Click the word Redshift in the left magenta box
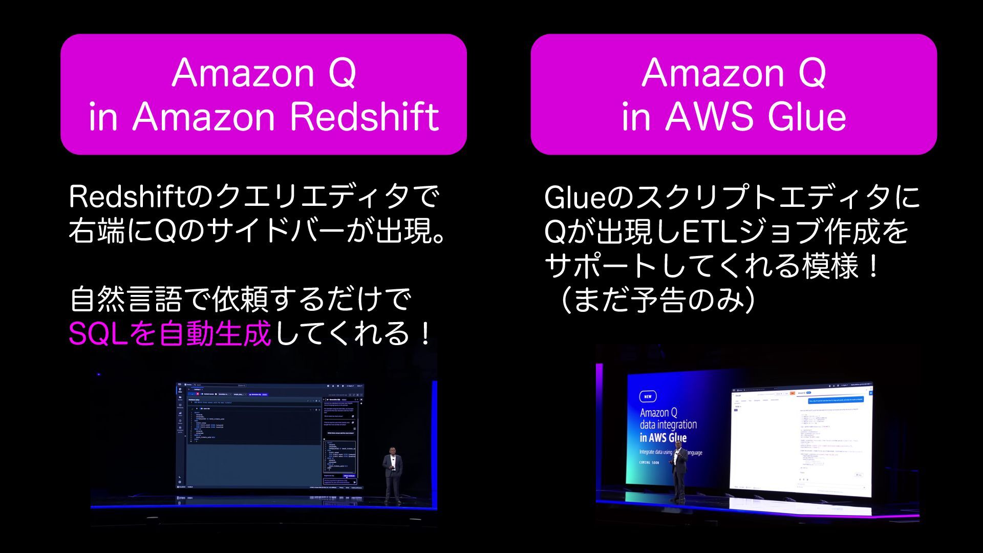click(365, 117)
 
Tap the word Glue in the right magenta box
click(807, 117)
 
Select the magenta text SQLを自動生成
click(169, 334)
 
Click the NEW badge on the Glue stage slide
click(648, 396)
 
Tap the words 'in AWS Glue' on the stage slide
click(663, 438)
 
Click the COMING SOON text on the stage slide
click(649, 462)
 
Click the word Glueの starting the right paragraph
click(589, 198)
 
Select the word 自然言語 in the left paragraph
click(126, 300)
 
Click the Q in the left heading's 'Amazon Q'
click(342, 73)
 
